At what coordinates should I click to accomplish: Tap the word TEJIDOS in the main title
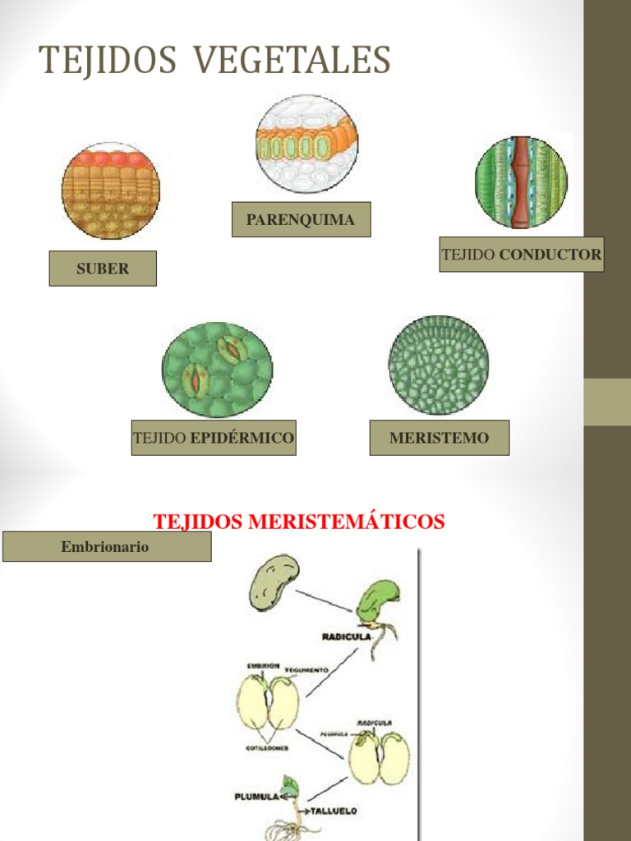(108, 60)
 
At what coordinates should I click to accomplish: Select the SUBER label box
(103, 269)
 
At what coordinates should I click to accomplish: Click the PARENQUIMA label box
(301, 219)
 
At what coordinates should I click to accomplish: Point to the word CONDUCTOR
(550, 255)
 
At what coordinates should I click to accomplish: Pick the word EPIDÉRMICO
(242, 438)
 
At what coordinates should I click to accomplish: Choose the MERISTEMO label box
(439, 438)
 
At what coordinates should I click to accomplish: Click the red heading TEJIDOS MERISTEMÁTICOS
(299, 522)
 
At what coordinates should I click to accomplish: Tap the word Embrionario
(105, 546)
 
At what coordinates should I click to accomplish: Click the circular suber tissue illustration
(110, 191)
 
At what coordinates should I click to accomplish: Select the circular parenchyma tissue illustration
(306, 145)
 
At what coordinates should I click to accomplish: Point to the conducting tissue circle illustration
(521, 182)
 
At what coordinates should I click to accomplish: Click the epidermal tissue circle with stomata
(217, 370)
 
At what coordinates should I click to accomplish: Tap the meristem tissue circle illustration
(439, 365)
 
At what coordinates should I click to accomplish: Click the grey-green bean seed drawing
(274, 581)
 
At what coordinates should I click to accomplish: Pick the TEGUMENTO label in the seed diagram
(306, 670)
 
